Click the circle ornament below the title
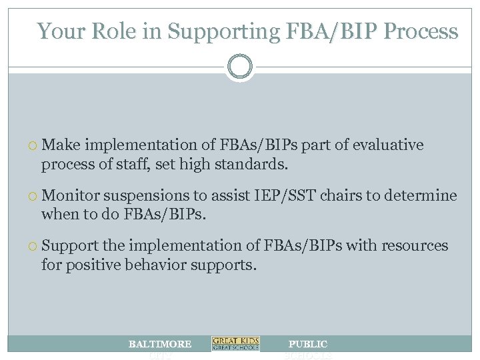click(x=239, y=67)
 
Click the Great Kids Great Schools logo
click(x=235, y=344)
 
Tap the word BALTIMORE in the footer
click(x=160, y=344)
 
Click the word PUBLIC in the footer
click(x=307, y=344)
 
